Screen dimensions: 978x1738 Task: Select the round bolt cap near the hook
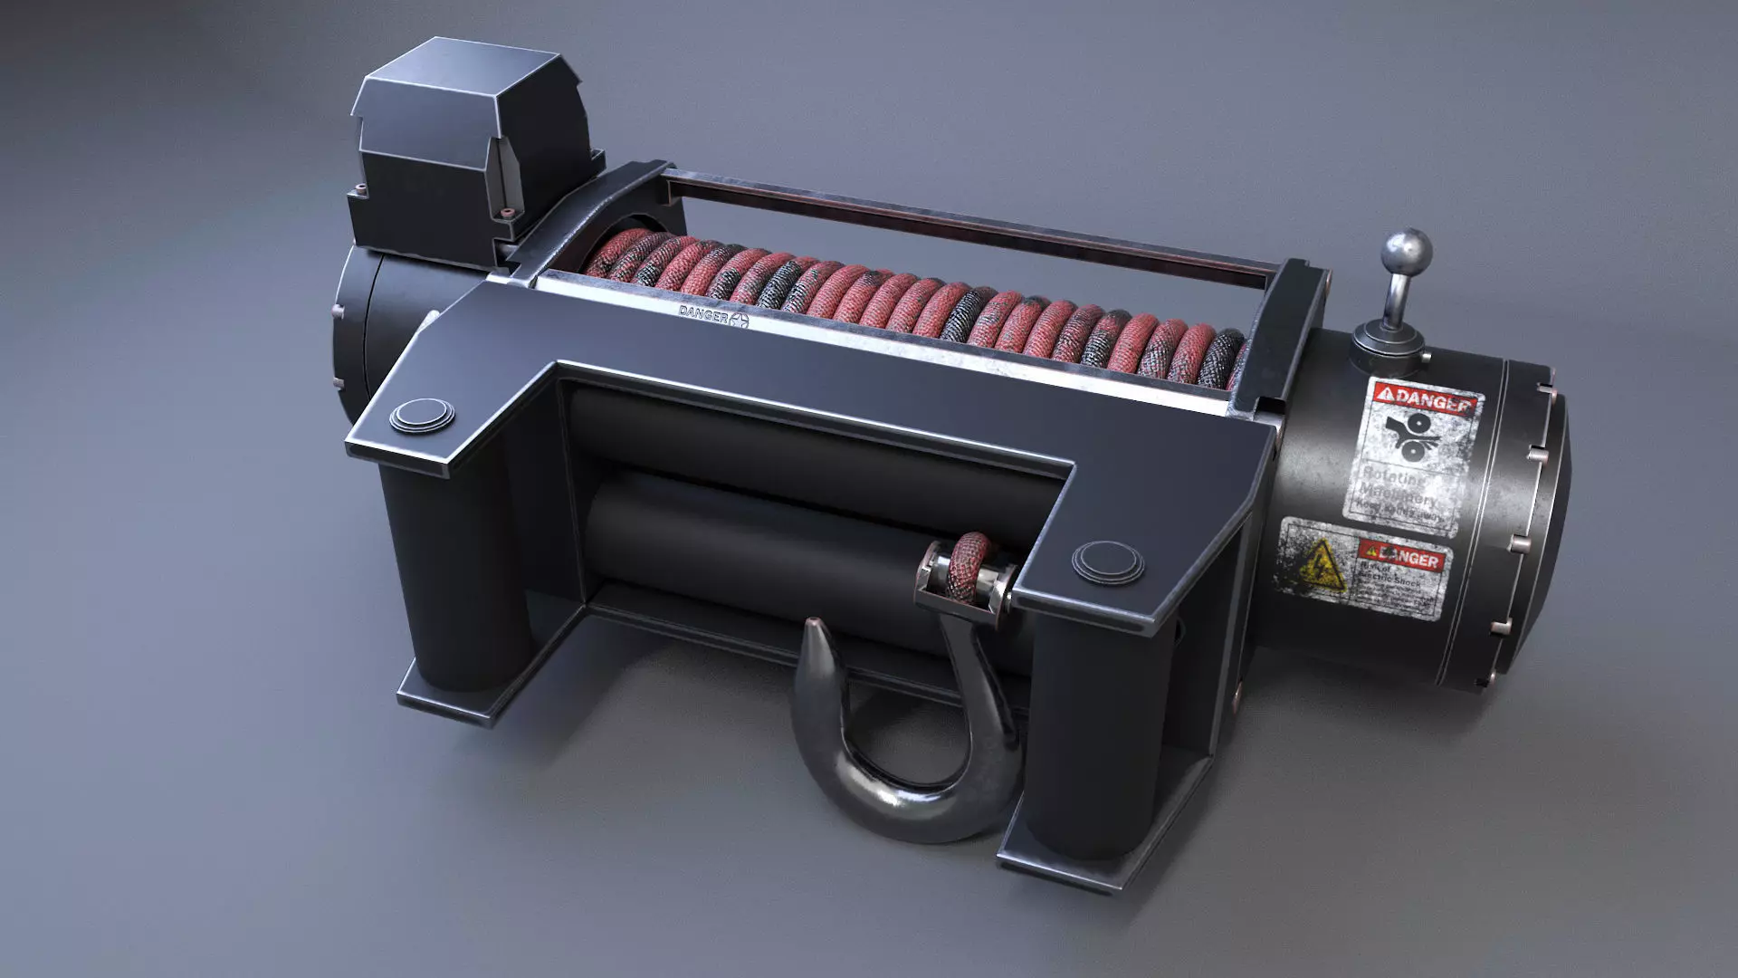pyautogui.click(x=1107, y=559)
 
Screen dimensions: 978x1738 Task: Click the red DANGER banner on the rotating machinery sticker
pyautogui.click(x=1427, y=399)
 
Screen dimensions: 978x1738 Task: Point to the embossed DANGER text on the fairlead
pyautogui.click(x=703, y=312)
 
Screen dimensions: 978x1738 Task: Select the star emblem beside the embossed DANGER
pyautogui.click(x=740, y=320)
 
